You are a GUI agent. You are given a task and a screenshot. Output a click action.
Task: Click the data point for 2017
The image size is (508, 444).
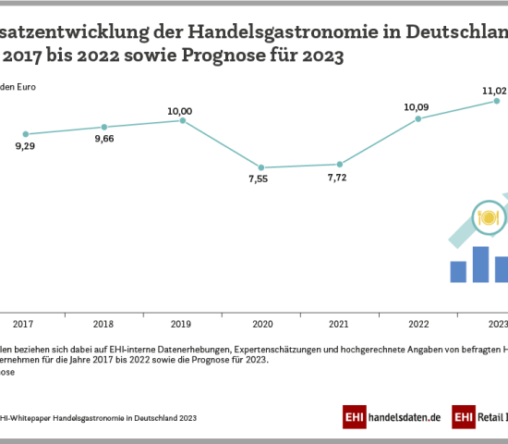pyautogui.click(x=26, y=134)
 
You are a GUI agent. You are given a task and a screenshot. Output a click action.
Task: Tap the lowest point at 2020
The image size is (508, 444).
pyautogui.click(x=262, y=167)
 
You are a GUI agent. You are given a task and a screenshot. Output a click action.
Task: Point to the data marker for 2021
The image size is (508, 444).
pyautogui.click(x=341, y=164)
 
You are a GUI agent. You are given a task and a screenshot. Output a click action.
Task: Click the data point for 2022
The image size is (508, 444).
pyautogui.click(x=419, y=118)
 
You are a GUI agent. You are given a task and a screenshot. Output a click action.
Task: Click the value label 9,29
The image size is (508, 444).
pyautogui.click(x=26, y=148)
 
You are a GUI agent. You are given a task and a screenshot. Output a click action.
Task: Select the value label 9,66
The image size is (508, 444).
pyautogui.click(x=104, y=140)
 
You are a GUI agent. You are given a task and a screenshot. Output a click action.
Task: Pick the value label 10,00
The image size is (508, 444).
pyautogui.click(x=179, y=110)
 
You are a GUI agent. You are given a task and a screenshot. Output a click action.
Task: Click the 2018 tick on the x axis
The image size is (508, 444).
pyautogui.click(x=104, y=324)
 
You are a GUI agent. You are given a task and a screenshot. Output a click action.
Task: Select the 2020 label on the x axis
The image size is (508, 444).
pyautogui.click(x=262, y=324)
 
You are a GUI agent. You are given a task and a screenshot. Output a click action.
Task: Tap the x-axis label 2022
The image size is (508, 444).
pyautogui.click(x=419, y=324)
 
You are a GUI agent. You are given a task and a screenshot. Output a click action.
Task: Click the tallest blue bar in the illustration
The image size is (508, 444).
pyautogui.click(x=480, y=264)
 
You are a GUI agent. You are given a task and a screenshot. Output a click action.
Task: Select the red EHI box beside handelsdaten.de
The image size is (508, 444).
pyautogui.click(x=354, y=417)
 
